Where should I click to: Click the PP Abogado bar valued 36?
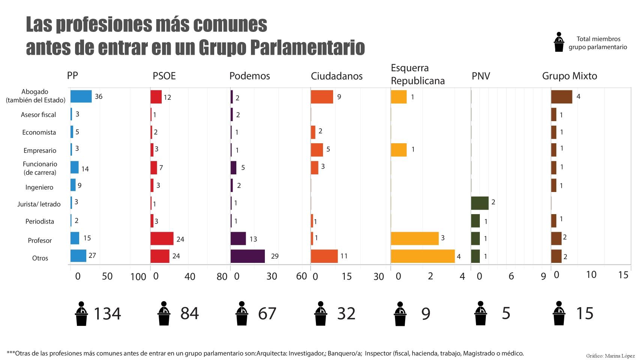[x=81, y=96]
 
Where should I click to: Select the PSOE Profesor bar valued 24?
[x=162, y=238]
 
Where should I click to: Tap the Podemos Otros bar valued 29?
[x=248, y=256]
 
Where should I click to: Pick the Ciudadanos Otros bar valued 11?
[x=324, y=256]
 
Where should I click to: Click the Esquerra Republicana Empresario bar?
[x=399, y=150]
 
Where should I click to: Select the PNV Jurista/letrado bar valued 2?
[x=480, y=203]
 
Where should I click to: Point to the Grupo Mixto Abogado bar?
[x=562, y=96]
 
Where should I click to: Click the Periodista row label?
[x=39, y=221]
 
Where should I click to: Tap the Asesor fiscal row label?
[x=38, y=115]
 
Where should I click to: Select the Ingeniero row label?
[x=39, y=187]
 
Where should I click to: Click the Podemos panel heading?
[x=249, y=76]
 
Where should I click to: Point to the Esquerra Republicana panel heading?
[x=418, y=74]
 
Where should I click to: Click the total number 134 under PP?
[x=107, y=313]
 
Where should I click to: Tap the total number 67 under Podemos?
[x=267, y=313]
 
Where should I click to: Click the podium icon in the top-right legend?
[x=559, y=42]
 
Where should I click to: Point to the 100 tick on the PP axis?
[x=138, y=277]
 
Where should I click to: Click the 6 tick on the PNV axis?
[x=511, y=276]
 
